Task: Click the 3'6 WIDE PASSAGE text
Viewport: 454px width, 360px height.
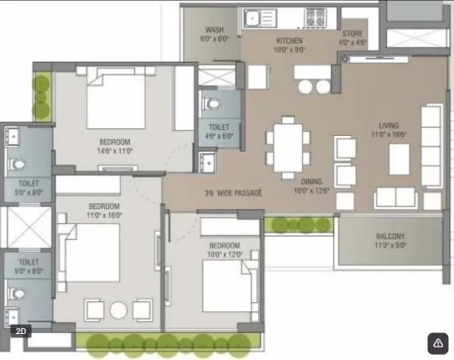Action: click(233, 194)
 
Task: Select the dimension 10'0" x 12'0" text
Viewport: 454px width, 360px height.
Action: click(225, 253)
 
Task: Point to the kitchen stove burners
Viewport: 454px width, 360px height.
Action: click(320, 17)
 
